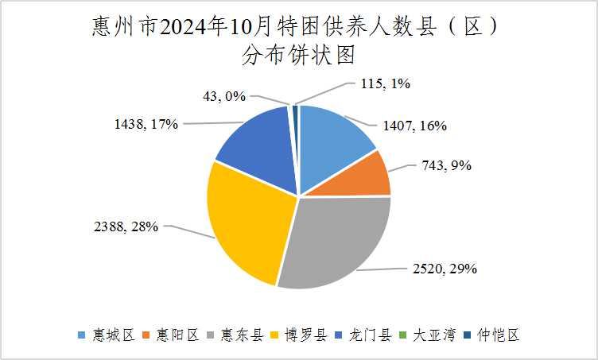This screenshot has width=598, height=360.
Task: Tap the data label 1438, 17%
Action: pos(146,123)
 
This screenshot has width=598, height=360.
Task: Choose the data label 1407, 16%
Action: pos(414,125)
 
